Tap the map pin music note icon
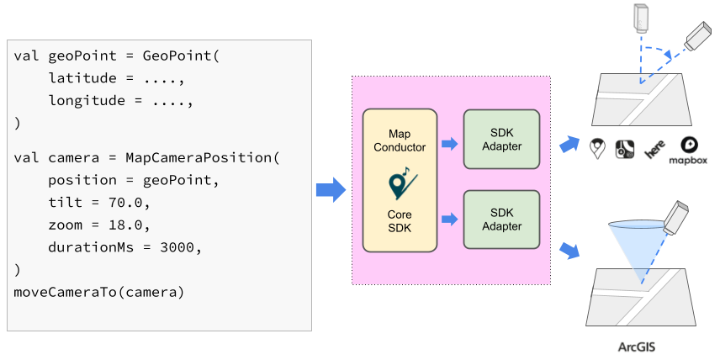[399, 183]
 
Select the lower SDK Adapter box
[501, 220]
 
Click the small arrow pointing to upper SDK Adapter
[449, 144]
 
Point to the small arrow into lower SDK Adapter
[449, 220]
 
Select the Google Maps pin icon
[598, 149]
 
